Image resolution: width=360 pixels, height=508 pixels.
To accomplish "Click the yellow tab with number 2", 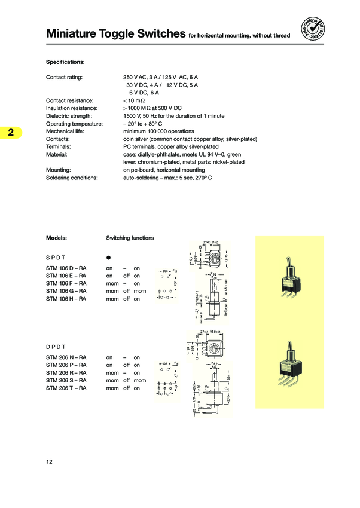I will tap(11, 132).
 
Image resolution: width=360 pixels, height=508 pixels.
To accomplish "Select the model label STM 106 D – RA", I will tap(66, 268).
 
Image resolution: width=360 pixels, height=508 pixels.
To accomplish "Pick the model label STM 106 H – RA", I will tap(66, 299).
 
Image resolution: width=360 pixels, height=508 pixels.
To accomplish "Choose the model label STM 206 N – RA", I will tap(66, 357).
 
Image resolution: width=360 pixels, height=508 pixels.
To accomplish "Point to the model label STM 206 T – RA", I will tap(66, 388).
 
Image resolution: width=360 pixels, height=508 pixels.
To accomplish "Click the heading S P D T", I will tap(59, 256).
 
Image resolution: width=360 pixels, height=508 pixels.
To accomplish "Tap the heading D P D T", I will tap(59, 346).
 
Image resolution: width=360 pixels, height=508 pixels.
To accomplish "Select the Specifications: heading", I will tap(65, 62).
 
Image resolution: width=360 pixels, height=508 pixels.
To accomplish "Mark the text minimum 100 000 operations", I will tap(158, 131).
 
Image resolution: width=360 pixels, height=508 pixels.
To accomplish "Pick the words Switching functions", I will tap(130, 238).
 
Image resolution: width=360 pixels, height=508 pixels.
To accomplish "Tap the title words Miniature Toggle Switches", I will tap(115, 35).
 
